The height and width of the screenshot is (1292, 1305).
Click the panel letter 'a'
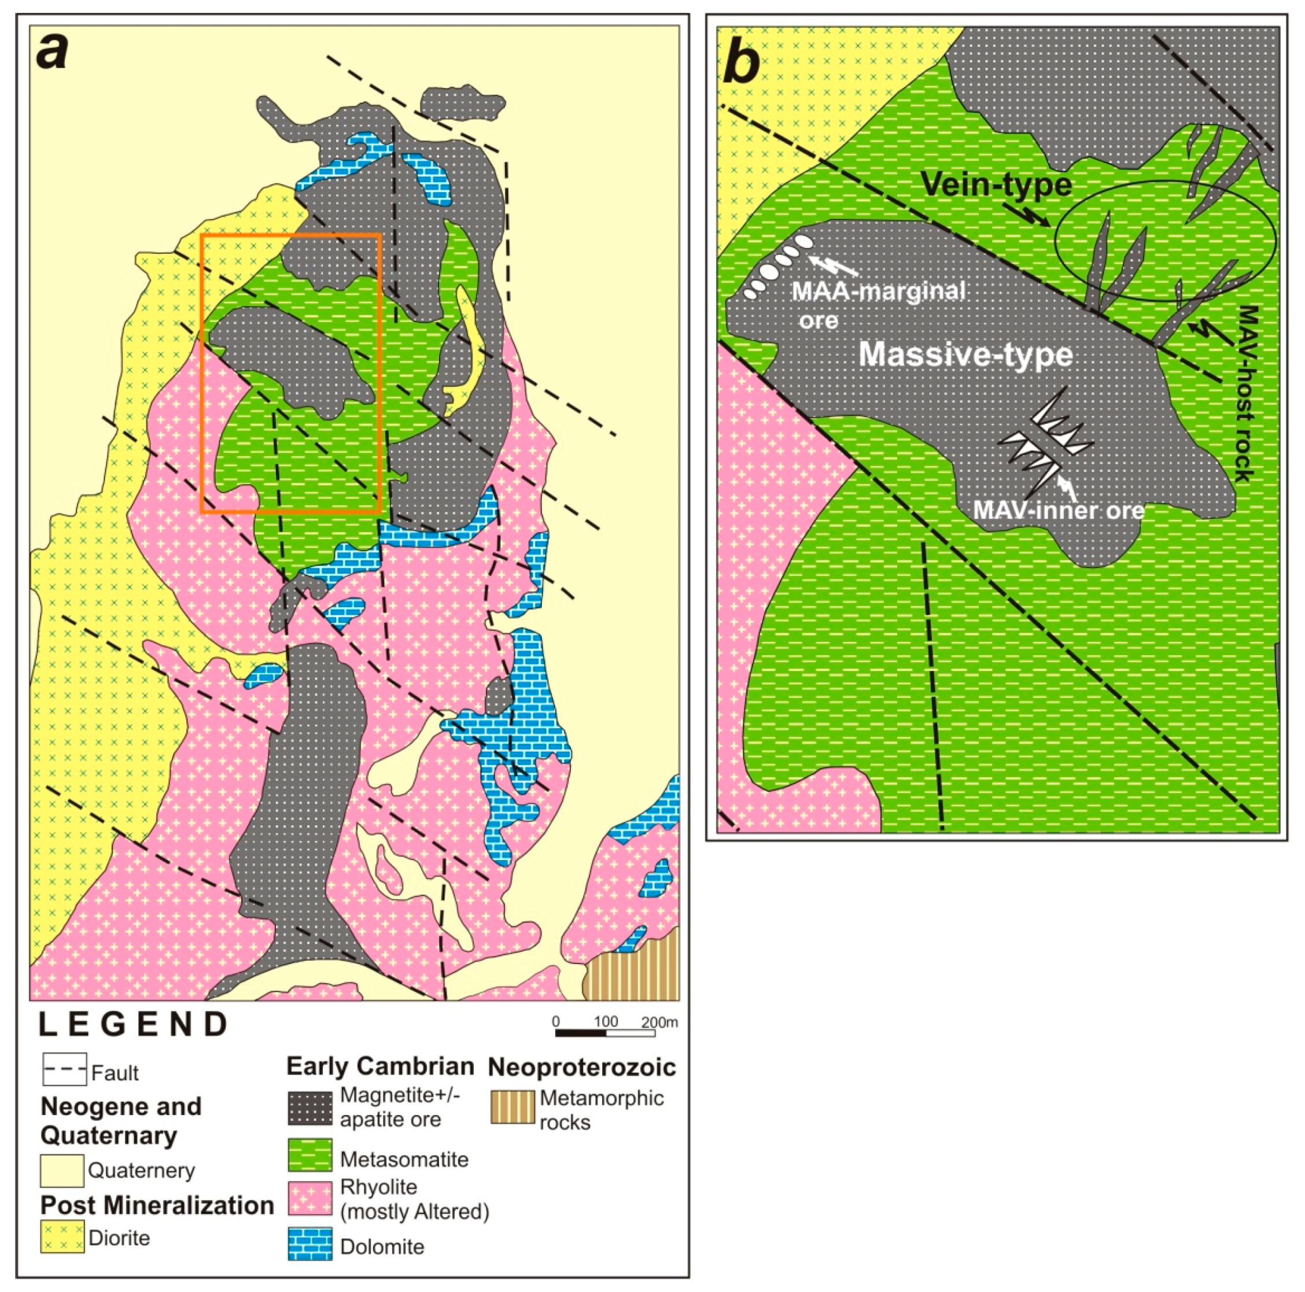pyautogui.click(x=52, y=53)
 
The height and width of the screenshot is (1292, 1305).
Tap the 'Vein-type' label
pyautogui.click(x=996, y=184)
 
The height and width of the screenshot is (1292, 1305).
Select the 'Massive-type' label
pyautogui.click(x=965, y=354)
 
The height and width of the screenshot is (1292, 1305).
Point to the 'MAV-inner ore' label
pyautogui.click(x=1059, y=510)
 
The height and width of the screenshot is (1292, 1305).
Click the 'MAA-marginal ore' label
pyautogui.click(x=878, y=304)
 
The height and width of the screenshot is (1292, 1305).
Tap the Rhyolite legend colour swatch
pyautogui.click(x=310, y=1198)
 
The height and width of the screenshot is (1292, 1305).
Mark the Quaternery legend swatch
pyautogui.click(x=62, y=1171)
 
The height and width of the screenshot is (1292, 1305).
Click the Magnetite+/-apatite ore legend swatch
pyautogui.click(x=310, y=1107)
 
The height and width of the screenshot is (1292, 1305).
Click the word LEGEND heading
pyautogui.click(x=133, y=1025)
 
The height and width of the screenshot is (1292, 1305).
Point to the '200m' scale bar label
pyautogui.click(x=659, y=1022)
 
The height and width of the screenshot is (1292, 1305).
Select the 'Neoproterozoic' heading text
pyautogui.click(x=581, y=1067)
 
